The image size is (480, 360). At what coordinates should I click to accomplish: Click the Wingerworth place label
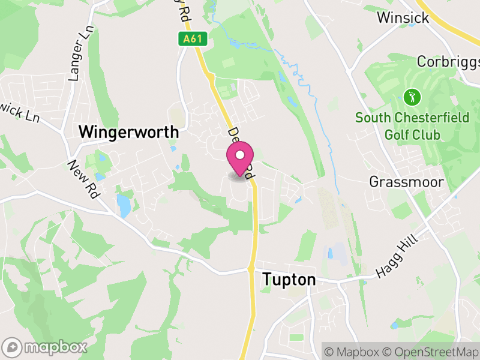tap(129, 131)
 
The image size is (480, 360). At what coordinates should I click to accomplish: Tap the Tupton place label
tap(289, 280)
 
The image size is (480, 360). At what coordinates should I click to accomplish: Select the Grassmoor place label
tap(406, 181)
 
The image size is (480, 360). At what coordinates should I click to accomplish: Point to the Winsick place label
tap(403, 18)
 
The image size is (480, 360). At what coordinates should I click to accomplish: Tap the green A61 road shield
tap(193, 39)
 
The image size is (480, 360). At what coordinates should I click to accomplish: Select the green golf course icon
tap(412, 96)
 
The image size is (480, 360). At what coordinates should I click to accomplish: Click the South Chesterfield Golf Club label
tap(412, 126)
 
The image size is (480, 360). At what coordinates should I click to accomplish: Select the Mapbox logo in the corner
tap(45, 347)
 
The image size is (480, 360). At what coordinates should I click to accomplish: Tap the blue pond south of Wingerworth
tap(124, 205)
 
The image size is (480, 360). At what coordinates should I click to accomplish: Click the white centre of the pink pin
tap(240, 155)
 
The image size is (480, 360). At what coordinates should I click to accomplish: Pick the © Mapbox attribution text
tap(352, 351)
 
